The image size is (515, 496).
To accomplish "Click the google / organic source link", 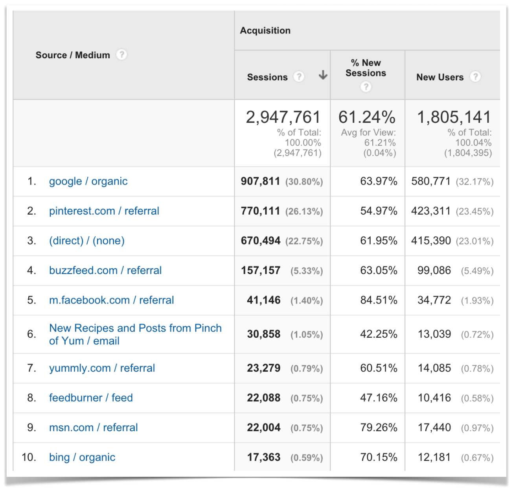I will [88, 181].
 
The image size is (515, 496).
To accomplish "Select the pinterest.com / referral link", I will [104, 211].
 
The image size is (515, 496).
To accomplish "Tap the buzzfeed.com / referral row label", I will [105, 271].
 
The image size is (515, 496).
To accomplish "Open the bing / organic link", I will [82, 457].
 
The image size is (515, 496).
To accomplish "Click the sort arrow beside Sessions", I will [323, 75].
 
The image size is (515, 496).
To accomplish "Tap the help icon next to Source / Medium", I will [122, 55].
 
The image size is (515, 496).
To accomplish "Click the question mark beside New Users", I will [475, 77].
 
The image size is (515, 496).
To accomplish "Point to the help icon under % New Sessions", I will [366, 87].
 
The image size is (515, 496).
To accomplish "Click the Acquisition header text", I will [265, 31].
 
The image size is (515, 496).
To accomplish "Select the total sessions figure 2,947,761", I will [283, 117].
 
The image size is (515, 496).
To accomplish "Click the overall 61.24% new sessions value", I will [367, 117].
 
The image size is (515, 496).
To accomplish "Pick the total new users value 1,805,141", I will [454, 117].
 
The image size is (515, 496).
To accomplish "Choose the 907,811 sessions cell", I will [260, 181].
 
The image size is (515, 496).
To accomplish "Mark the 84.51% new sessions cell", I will [379, 300].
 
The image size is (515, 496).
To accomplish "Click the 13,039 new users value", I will [434, 334].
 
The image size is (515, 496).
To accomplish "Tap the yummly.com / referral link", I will [102, 368].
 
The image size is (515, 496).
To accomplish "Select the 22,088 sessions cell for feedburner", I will [263, 398].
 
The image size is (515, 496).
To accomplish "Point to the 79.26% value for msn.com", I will [379, 428].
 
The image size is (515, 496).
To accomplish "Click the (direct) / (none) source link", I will [86, 241].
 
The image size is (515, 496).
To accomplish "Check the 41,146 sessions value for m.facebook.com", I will [263, 300].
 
